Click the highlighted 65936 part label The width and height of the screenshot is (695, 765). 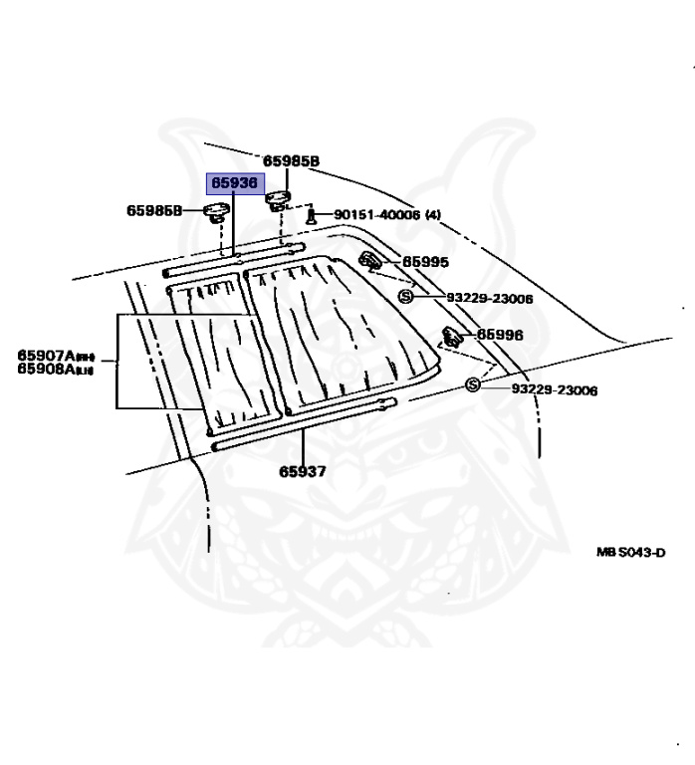232,183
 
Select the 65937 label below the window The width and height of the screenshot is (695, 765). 302,470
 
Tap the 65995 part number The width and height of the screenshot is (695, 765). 425,262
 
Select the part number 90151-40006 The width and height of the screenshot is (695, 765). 376,214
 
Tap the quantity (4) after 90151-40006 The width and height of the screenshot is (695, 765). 433,214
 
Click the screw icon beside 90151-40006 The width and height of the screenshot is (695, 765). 311,214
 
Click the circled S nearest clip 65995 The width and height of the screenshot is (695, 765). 405,297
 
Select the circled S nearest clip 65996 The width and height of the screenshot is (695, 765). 472,384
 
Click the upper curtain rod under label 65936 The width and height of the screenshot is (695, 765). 229,262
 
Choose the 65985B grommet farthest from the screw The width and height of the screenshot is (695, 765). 214,210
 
